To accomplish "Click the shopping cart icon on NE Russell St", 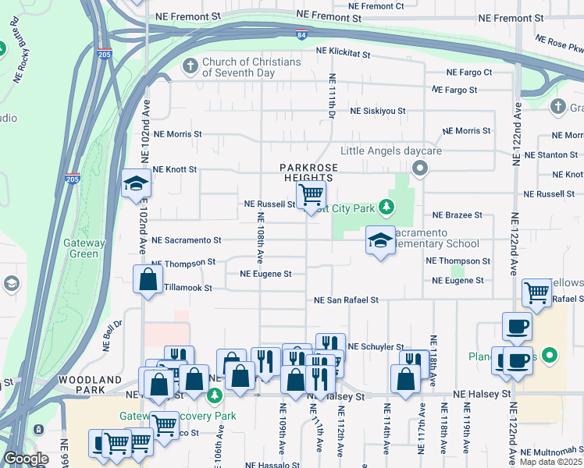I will pyautogui.click(x=311, y=194).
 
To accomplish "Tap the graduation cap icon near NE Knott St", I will pyautogui.click(x=136, y=184).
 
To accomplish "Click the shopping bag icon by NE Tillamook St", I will pyautogui.click(x=148, y=279).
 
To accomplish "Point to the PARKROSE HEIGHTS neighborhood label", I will pyautogui.click(x=308, y=173).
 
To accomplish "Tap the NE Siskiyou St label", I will pyautogui.click(x=378, y=111).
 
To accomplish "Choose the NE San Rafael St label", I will pyautogui.click(x=346, y=300).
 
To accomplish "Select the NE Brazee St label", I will pyautogui.click(x=458, y=214).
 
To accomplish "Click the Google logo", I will pyautogui.click(x=26, y=459).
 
